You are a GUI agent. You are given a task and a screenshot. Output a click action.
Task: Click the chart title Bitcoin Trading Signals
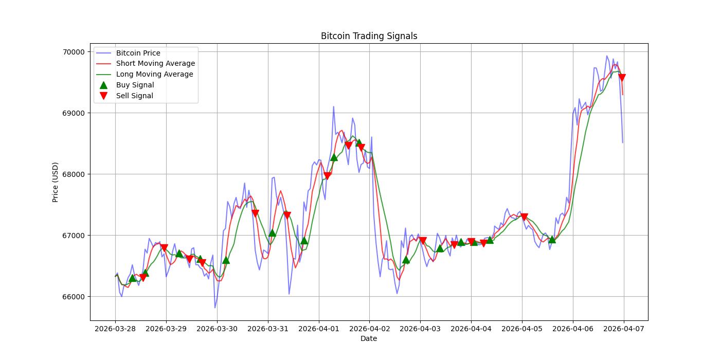[369, 36]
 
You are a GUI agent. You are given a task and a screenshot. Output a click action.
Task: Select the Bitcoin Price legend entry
[138, 53]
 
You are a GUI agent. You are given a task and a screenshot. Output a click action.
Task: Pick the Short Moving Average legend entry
[155, 63]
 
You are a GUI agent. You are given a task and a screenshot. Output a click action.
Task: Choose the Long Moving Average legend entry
[154, 74]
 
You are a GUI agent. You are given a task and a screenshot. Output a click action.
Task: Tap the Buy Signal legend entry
[135, 85]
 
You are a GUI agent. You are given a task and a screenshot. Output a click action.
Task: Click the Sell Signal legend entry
[134, 96]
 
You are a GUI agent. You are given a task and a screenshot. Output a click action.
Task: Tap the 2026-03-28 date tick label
[115, 328]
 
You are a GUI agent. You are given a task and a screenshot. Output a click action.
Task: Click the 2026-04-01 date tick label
[319, 328]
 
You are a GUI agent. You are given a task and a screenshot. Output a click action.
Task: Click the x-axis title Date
[369, 338]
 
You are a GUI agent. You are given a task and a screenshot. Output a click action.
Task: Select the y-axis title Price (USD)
[56, 182]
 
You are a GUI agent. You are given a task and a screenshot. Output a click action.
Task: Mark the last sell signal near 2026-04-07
[622, 78]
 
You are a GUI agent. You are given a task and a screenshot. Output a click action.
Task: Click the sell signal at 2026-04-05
[524, 217]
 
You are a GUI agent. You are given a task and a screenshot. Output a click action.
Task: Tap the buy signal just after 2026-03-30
[226, 260]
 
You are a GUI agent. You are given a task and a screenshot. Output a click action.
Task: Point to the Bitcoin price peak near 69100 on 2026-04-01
[333, 106]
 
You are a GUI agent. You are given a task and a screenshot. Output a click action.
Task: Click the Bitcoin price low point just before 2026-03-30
[215, 308]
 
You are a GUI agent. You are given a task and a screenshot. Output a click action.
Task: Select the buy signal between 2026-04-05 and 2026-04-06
[552, 239]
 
